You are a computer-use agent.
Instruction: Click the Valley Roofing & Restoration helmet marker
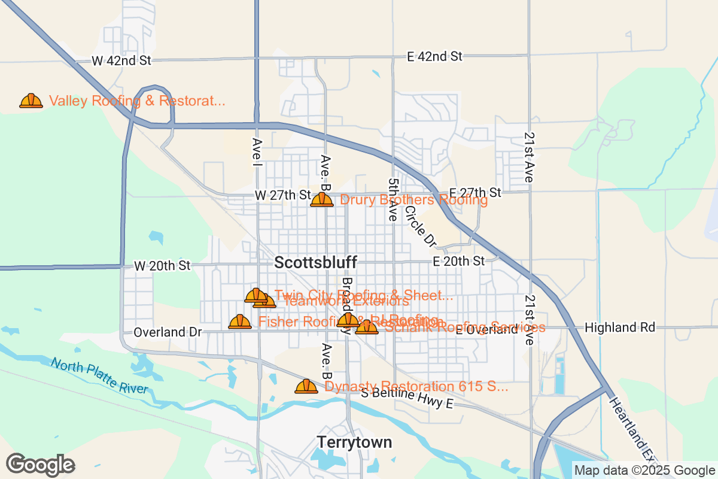[x=31, y=101]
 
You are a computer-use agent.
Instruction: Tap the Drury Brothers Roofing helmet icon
[x=321, y=199]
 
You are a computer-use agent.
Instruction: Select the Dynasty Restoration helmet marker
[x=306, y=386]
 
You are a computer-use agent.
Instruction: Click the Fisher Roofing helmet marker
[x=240, y=322]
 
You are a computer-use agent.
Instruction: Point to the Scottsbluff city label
[x=316, y=262]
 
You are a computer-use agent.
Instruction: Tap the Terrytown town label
[x=354, y=442]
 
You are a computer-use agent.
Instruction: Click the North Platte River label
[x=99, y=375]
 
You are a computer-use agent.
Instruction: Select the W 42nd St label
[x=121, y=60]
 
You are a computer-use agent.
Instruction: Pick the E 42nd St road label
[x=434, y=56]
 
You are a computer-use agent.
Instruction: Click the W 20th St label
[x=162, y=265]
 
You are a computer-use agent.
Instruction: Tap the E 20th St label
[x=458, y=261]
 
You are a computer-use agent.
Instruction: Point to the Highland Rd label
[x=620, y=328]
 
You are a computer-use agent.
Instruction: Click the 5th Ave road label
[x=393, y=200]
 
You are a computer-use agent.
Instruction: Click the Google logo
[x=40, y=465]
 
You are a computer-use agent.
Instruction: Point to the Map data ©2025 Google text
[x=643, y=471]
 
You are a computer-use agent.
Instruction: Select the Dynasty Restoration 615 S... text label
[x=416, y=386]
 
